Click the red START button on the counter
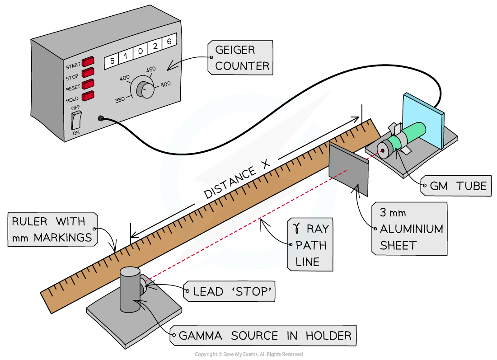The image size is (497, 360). click(88, 61)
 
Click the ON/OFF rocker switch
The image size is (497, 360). click(76, 120)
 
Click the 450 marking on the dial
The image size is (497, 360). click(150, 70)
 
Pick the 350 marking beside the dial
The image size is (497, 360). click(120, 100)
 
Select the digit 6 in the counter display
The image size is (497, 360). click(169, 41)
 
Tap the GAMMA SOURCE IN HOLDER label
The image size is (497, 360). click(265, 336)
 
